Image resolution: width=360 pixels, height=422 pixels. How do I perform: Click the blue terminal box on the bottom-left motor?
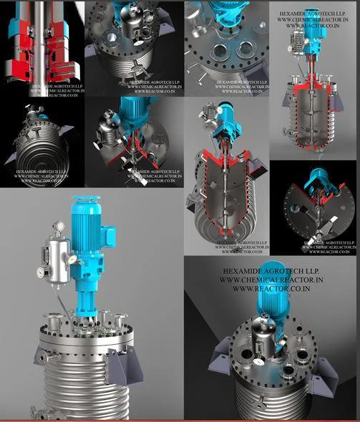point(108,235)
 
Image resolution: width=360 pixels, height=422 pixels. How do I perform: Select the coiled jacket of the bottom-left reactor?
point(72,390)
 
